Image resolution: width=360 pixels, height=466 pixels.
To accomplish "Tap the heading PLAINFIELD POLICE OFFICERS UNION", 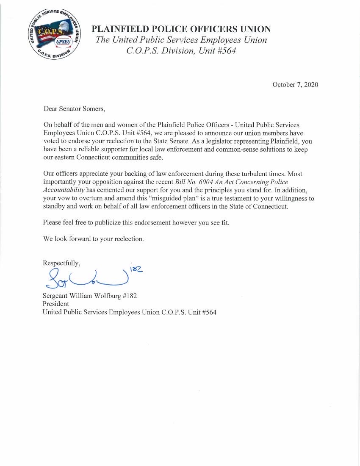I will coord(181,29).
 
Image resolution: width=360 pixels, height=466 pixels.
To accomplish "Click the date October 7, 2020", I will coord(295,85).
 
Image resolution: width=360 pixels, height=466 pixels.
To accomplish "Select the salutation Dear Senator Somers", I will coord(74,109).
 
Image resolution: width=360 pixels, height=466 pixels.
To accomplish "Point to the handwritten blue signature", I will coord(85,279).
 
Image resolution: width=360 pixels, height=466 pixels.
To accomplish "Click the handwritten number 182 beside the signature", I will coord(136,269).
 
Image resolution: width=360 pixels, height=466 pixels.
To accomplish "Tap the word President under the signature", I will coord(56,304).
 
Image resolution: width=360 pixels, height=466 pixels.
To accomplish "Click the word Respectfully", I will coord(61,263).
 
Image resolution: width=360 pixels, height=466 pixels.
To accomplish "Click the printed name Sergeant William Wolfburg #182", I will coord(90,296).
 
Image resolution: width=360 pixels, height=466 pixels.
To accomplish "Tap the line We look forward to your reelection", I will coord(94,239).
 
